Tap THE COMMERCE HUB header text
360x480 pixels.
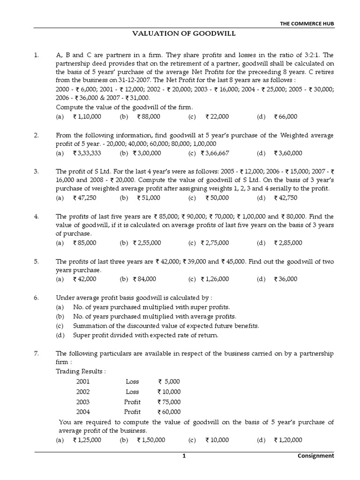click(307, 23)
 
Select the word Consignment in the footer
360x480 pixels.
click(316, 455)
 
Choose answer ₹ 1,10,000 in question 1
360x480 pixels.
click(87, 116)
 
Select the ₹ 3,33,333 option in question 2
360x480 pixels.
click(87, 153)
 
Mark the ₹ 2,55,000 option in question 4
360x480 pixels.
click(147, 243)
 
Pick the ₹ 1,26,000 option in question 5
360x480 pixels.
click(215, 279)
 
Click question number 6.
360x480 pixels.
click(36, 297)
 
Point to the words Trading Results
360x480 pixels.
click(81, 371)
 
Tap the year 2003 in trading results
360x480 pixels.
click(83, 402)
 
